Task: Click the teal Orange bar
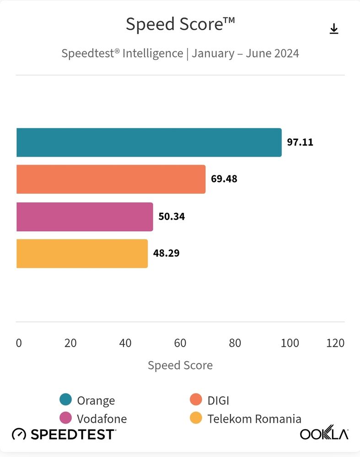(149, 142)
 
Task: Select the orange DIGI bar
(111, 179)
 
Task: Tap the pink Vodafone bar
(85, 216)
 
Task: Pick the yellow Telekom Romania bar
(82, 253)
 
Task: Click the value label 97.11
(300, 142)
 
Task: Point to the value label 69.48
(224, 179)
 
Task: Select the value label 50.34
(172, 216)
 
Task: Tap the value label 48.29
(166, 253)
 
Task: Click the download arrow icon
(334, 29)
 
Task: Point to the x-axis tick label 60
(180, 343)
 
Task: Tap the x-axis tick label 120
(335, 343)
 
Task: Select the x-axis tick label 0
(19, 343)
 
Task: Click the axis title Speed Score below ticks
(180, 366)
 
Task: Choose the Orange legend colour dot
(65, 399)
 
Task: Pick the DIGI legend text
(218, 401)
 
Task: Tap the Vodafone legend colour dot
(65, 418)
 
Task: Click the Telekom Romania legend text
(254, 419)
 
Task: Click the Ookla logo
(324, 432)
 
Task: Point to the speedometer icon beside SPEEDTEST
(19, 434)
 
